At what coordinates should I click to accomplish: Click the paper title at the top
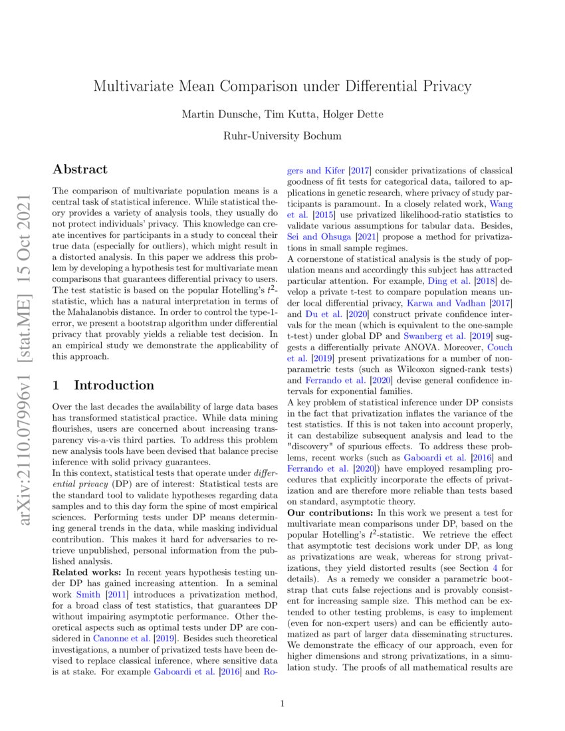click(x=282, y=86)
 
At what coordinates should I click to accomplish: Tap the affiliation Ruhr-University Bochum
click(x=282, y=136)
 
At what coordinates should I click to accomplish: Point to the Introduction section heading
click(x=103, y=385)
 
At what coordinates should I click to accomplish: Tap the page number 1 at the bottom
click(x=282, y=703)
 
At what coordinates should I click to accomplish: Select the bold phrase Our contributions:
click(x=330, y=513)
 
